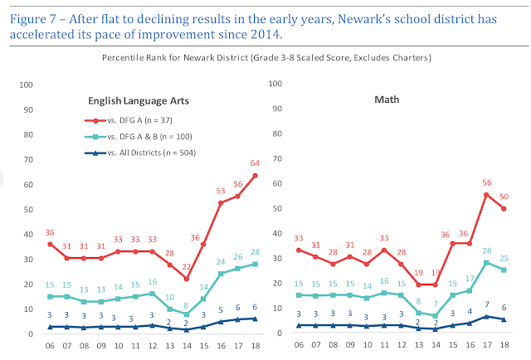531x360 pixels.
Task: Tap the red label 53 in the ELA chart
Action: (x=222, y=191)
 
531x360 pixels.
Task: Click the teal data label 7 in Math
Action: (x=459, y=304)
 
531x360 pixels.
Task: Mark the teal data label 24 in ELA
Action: (x=222, y=262)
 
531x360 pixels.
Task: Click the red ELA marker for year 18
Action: (x=254, y=175)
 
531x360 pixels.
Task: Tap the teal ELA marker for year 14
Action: (x=188, y=314)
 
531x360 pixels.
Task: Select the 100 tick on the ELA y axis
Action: (x=26, y=85)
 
